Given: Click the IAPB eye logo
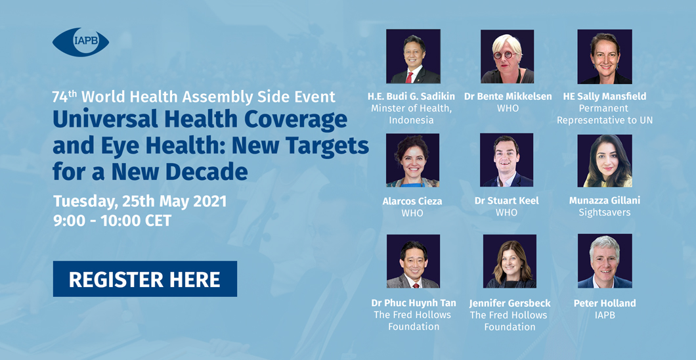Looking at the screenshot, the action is click(x=80, y=42).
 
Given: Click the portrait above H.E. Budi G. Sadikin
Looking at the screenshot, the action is click(x=413, y=56).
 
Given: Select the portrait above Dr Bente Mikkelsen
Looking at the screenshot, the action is click(x=508, y=56).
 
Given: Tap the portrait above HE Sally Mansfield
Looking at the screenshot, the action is click(x=605, y=56).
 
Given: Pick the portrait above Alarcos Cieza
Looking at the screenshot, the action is click(x=413, y=160).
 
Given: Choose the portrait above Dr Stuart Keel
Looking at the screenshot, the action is click(x=506, y=160).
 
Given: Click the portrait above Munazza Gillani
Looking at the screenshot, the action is click(x=605, y=160).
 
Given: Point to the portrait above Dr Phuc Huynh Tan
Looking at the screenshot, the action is click(x=413, y=261).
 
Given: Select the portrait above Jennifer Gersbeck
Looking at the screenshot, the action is click(x=510, y=261).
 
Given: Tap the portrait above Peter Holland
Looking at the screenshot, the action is click(x=605, y=261).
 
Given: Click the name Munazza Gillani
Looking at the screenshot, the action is click(x=605, y=200).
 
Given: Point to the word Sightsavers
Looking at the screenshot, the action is click(x=605, y=212).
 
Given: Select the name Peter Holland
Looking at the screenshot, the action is click(x=605, y=304).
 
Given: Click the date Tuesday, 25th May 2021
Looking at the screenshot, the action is click(x=140, y=201).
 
